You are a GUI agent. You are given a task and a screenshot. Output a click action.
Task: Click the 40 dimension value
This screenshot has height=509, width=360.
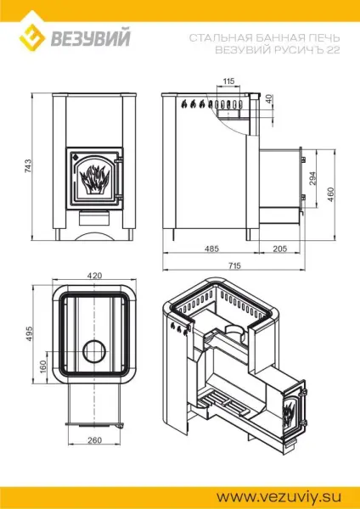click(x=269, y=98)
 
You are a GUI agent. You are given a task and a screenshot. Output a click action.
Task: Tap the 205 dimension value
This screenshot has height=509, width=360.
click(x=279, y=249)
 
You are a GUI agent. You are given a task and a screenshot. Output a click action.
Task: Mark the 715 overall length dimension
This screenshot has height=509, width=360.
click(x=233, y=266)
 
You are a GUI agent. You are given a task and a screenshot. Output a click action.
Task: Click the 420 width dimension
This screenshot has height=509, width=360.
click(x=95, y=276)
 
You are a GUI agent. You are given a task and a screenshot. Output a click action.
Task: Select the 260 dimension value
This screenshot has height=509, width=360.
click(x=95, y=440)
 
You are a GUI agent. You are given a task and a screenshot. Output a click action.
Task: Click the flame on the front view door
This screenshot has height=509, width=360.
click(x=94, y=178)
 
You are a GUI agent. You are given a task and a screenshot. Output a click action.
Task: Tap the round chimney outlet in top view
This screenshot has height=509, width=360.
click(x=95, y=350)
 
